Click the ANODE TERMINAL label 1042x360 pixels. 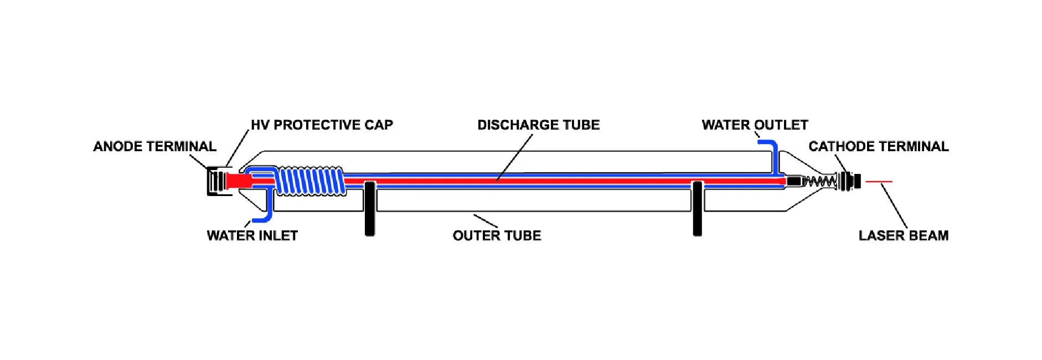click(154, 147)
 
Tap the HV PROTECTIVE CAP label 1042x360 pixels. click(322, 125)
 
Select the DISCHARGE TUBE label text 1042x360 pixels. click(538, 125)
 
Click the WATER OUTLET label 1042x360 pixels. click(755, 125)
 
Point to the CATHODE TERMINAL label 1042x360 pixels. click(878, 147)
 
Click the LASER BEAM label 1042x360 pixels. click(903, 236)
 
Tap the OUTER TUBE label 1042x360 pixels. click(497, 236)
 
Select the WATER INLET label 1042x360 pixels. click(252, 236)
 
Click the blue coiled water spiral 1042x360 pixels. click(310, 181)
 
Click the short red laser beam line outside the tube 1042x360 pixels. click(879, 182)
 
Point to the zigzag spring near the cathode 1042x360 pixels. click(819, 181)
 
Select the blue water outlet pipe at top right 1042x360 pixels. click(774, 152)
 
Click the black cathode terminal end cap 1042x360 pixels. click(857, 181)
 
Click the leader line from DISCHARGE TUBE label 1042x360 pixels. click(515, 157)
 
